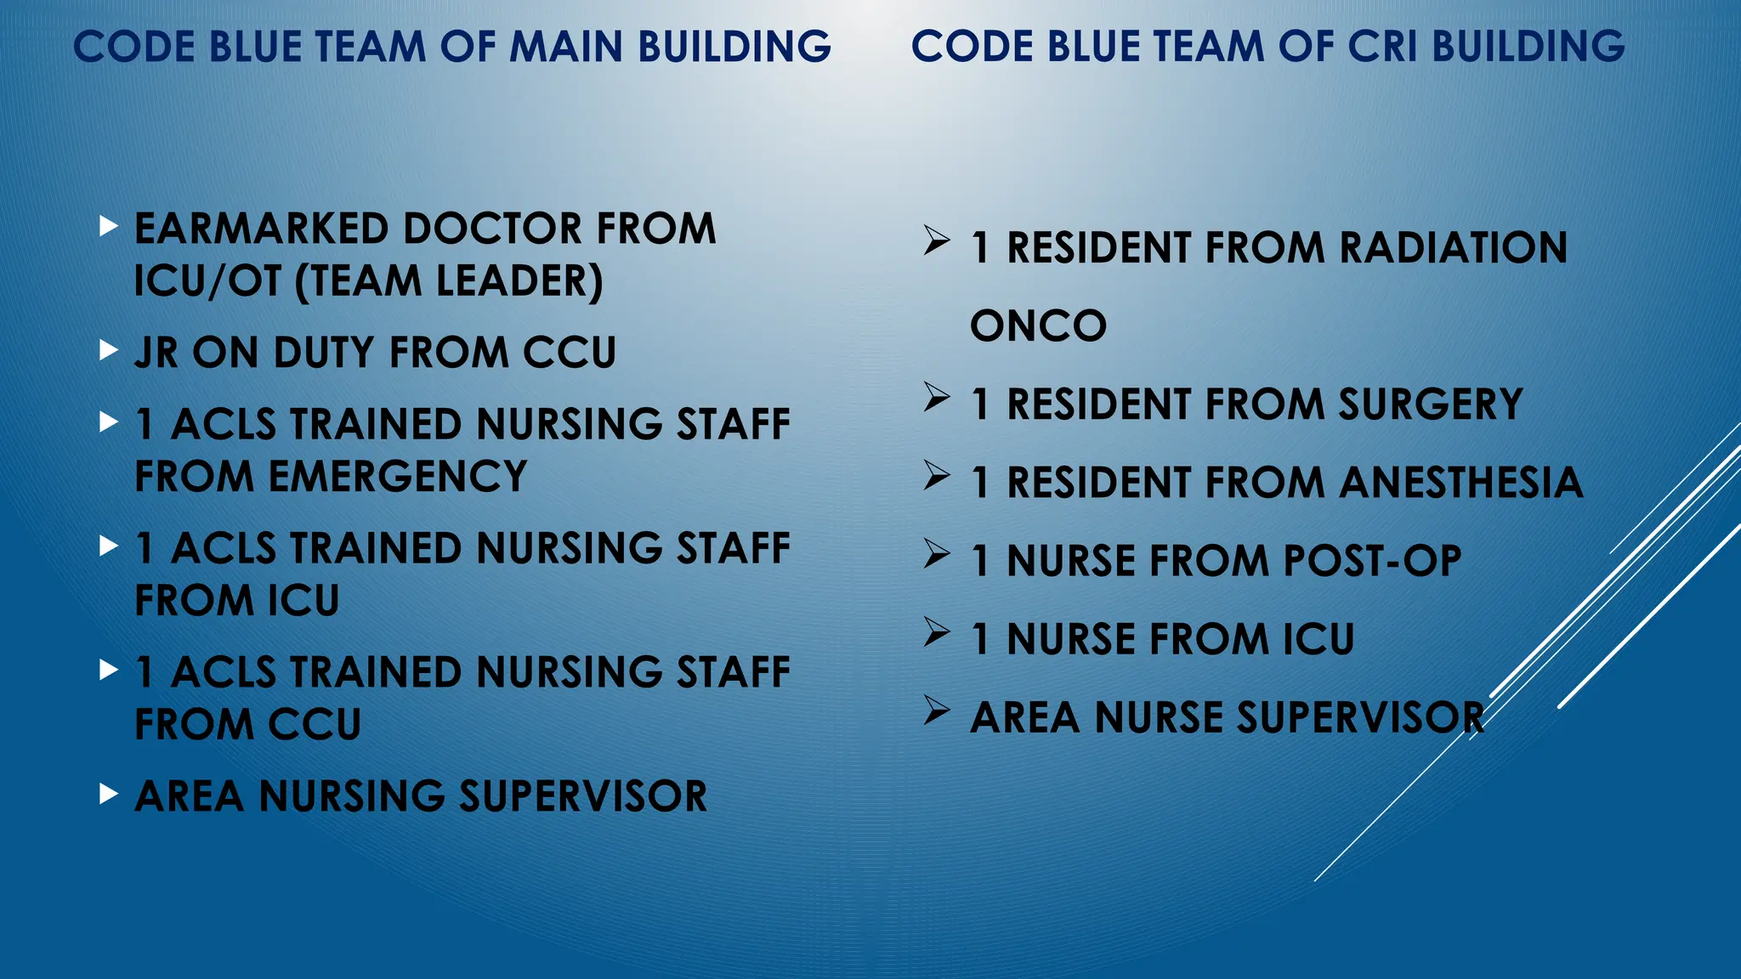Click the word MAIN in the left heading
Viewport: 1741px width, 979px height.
click(x=567, y=47)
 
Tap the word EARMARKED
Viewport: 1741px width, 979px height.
click(x=261, y=229)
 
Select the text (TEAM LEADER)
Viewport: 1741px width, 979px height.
click(x=449, y=282)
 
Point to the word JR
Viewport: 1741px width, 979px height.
click(x=156, y=354)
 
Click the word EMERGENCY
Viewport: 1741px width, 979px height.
click(x=398, y=477)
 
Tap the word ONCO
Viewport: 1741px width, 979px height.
click(x=1038, y=326)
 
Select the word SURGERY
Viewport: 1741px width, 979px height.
click(x=1430, y=405)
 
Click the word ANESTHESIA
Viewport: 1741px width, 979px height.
click(x=1461, y=483)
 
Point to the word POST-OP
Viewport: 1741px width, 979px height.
click(x=1372, y=561)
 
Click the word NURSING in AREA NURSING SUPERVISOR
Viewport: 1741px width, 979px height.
click(x=352, y=797)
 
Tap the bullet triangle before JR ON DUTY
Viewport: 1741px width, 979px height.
click(x=108, y=350)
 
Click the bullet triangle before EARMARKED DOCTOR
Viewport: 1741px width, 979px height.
click(x=108, y=226)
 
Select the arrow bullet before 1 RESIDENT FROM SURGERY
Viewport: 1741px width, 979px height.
click(x=937, y=397)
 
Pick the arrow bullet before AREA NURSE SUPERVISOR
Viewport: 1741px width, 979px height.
click(x=937, y=710)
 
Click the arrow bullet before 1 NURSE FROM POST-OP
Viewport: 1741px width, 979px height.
click(x=937, y=554)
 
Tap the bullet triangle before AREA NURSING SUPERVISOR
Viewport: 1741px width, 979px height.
click(x=108, y=794)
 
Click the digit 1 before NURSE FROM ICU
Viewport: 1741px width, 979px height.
click(x=981, y=640)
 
